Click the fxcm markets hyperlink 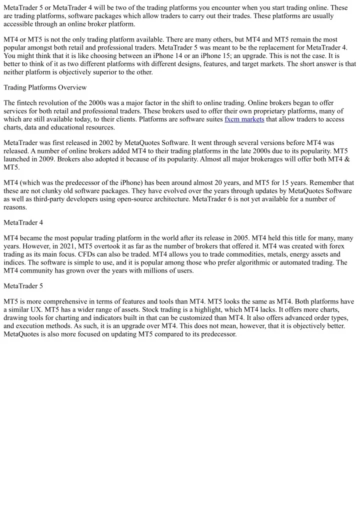click(244, 119)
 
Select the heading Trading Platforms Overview click(45, 87)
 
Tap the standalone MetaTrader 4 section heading click(23, 222)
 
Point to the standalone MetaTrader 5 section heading click(23, 285)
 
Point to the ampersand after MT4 click(347, 158)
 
